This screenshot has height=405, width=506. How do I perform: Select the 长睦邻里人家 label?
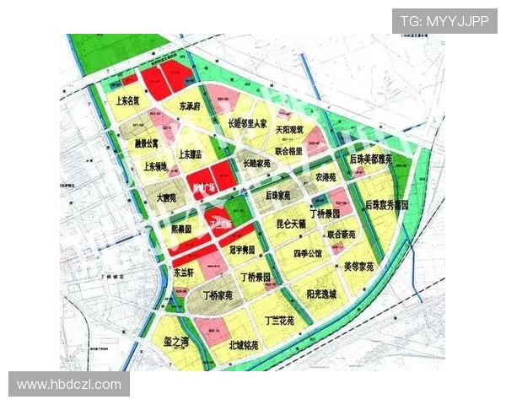(x=247, y=123)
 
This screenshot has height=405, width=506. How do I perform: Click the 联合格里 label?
(x=288, y=149)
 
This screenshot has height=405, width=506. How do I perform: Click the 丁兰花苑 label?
(x=279, y=321)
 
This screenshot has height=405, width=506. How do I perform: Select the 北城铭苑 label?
(x=246, y=346)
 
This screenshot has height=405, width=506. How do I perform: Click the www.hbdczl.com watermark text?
(x=69, y=384)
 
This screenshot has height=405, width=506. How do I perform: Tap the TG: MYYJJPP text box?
(x=444, y=21)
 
